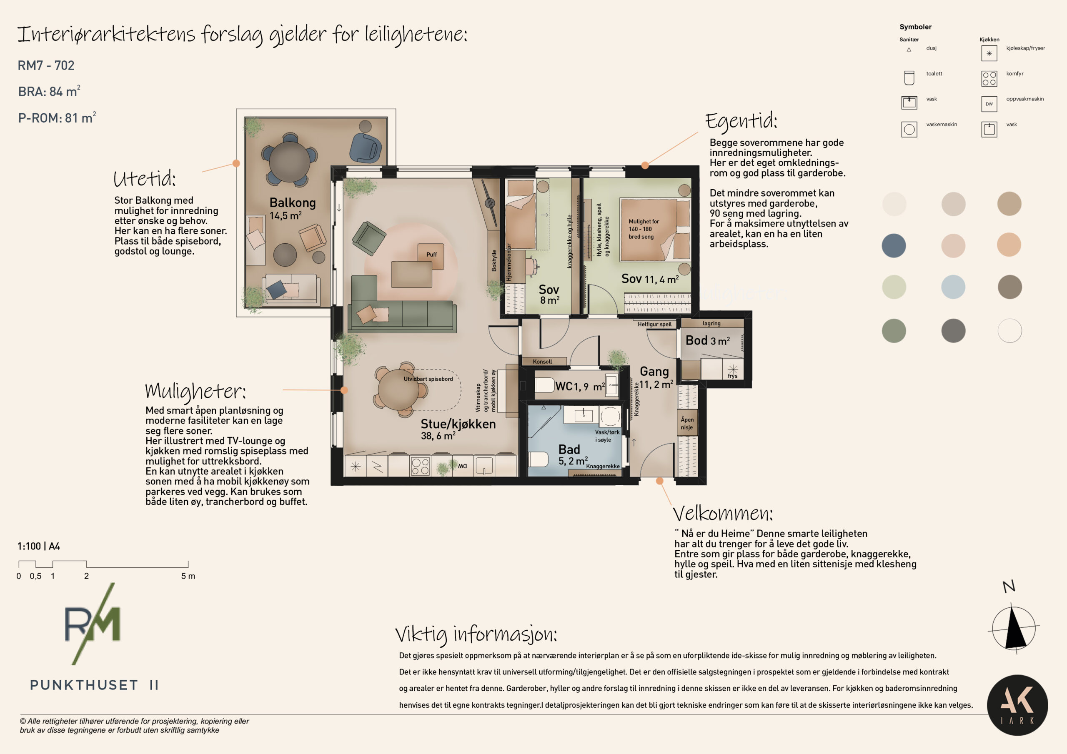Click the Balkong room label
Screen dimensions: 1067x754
click(292, 202)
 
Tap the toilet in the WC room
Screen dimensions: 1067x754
click(545, 385)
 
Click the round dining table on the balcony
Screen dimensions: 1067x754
click(290, 161)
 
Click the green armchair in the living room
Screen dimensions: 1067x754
click(368, 238)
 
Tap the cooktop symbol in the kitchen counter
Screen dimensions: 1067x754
click(420, 466)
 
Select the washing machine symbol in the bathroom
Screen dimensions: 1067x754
click(610, 416)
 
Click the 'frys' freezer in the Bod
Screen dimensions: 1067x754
click(733, 370)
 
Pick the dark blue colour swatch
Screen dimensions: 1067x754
click(894, 245)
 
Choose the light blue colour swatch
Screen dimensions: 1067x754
click(953, 287)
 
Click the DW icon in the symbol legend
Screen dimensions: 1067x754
click(989, 104)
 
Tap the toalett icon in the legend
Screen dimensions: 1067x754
click(909, 78)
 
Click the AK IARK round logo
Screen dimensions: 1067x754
click(1017, 705)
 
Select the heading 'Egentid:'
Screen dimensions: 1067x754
click(741, 121)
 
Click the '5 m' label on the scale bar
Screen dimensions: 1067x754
click(188, 576)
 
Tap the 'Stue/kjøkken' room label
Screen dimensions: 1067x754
click(458, 424)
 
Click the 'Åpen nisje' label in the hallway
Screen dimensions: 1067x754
click(687, 423)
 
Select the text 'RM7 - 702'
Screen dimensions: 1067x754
click(46, 65)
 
